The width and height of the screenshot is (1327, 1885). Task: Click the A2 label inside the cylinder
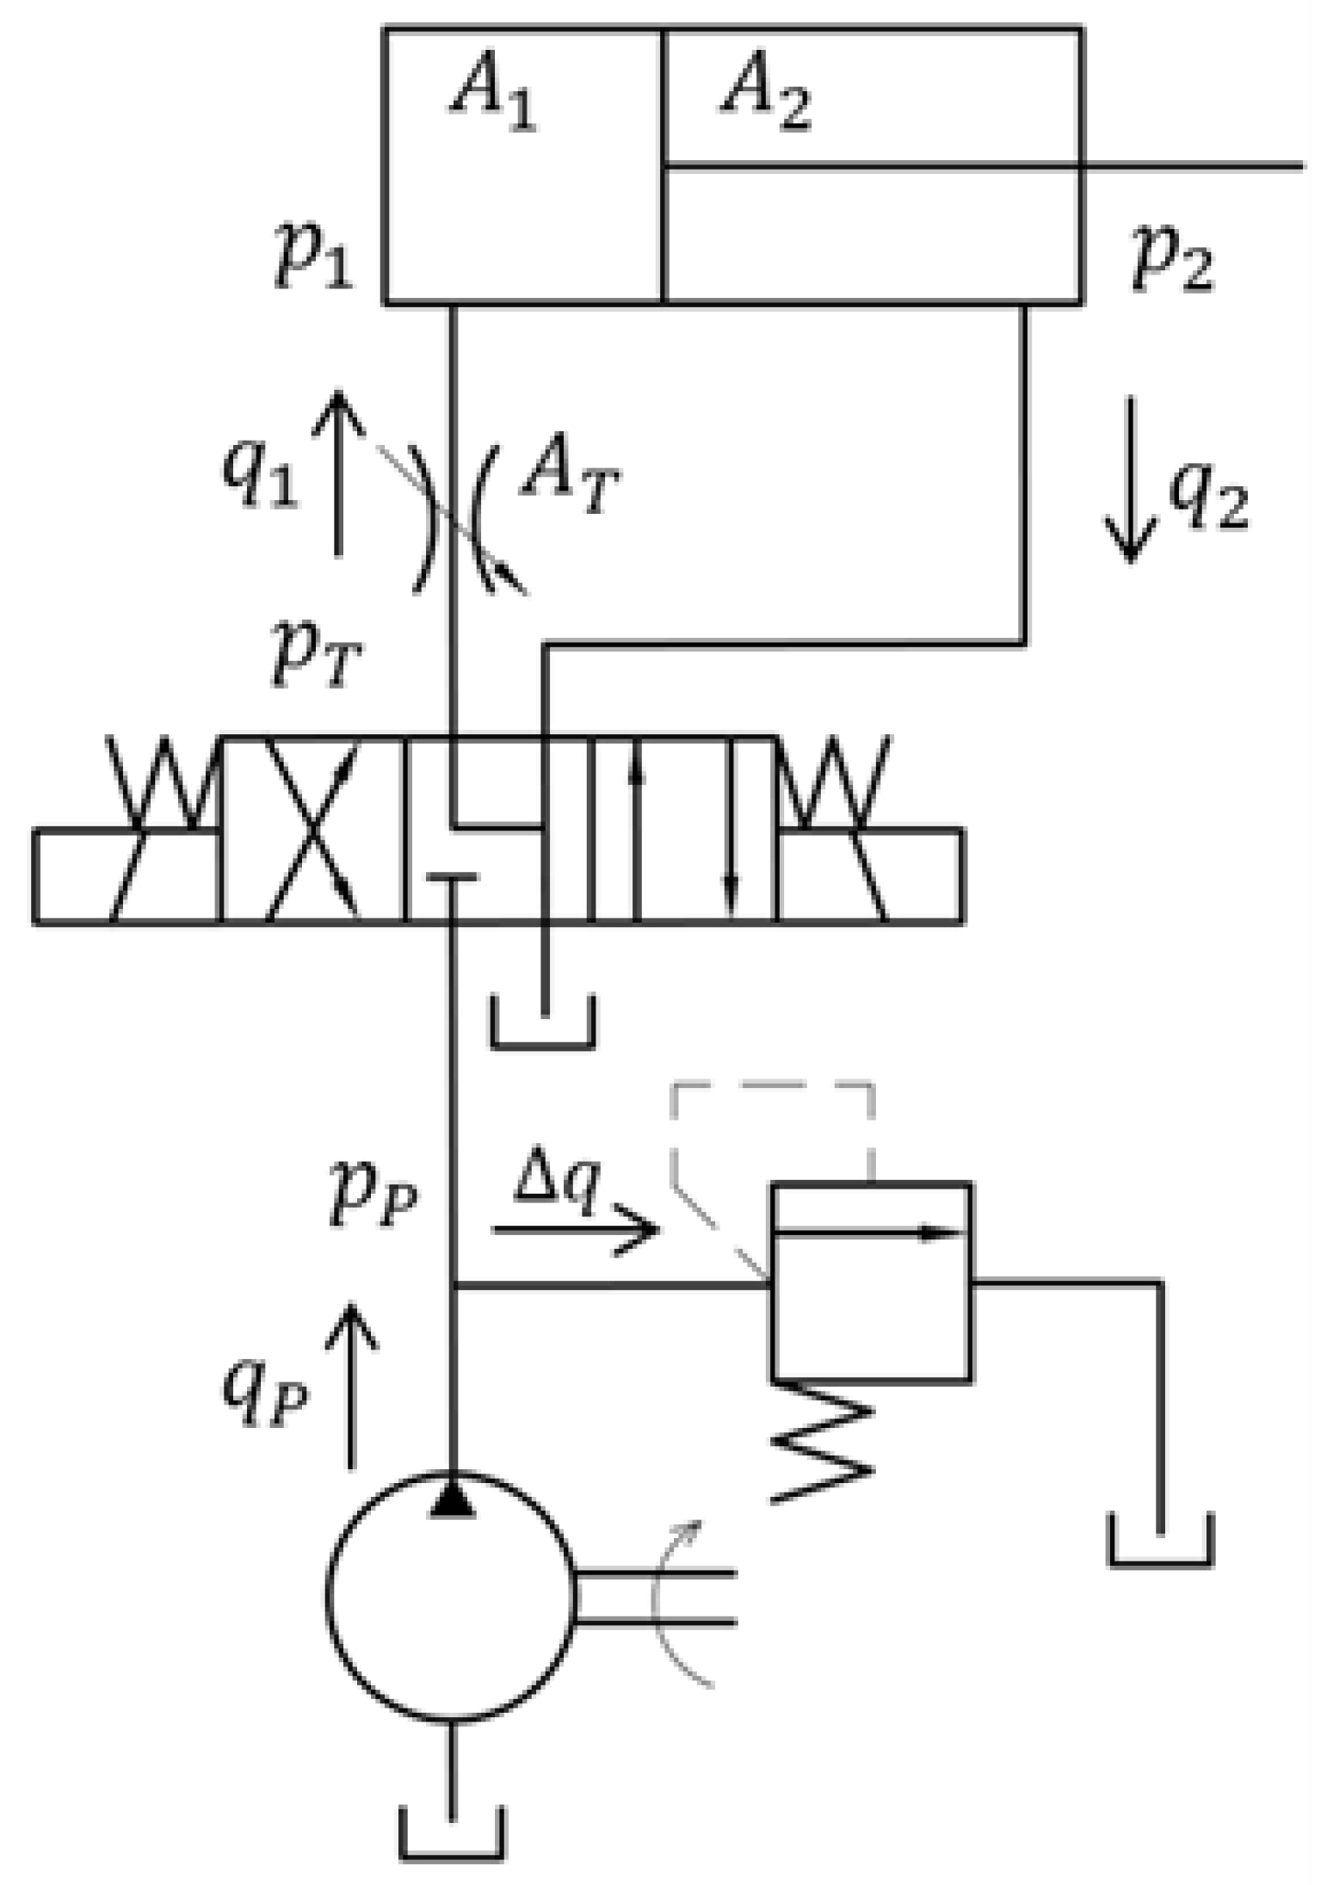point(765,96)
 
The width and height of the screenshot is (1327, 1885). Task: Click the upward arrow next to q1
point(338,473)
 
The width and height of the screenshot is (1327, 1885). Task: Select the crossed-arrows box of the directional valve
point(313,829)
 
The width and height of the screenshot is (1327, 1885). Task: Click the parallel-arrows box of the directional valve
point(684,829)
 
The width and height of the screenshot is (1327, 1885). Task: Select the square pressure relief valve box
point(872,1282)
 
